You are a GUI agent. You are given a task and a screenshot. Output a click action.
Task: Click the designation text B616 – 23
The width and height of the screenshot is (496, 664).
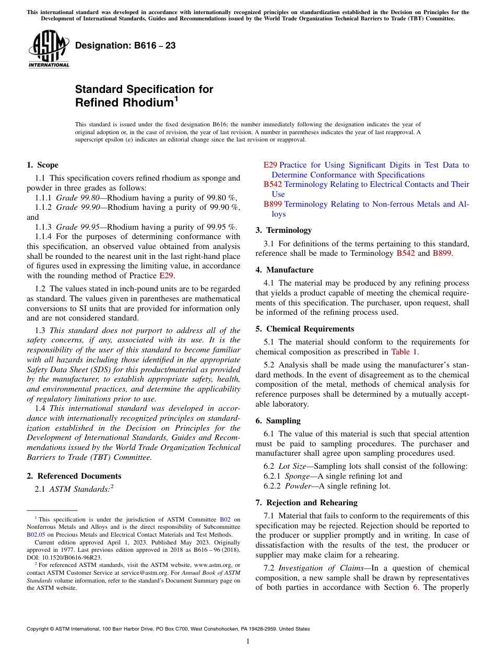click(125, 46)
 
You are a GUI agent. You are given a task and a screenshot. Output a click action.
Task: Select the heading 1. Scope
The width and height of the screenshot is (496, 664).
click(42, 165)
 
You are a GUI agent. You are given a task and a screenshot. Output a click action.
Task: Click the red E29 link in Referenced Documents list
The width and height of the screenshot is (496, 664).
click(270, 165)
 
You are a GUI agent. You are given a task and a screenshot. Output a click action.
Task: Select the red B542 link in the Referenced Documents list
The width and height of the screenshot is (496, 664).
click(273, 184)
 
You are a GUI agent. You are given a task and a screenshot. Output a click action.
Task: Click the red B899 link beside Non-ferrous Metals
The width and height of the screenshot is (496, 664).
click(273, 204)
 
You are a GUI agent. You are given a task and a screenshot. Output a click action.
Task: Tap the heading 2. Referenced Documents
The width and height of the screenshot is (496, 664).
click(74, 476)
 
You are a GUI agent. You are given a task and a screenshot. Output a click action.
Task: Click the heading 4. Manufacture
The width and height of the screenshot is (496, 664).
click(285, 270)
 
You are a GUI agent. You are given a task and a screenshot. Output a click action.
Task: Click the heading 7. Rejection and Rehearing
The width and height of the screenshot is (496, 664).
click(306, 503)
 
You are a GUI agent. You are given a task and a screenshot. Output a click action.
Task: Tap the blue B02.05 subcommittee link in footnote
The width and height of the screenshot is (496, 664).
click(34, 535)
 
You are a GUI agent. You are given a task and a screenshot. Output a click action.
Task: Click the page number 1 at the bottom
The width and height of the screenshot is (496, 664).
click(248, 642)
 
